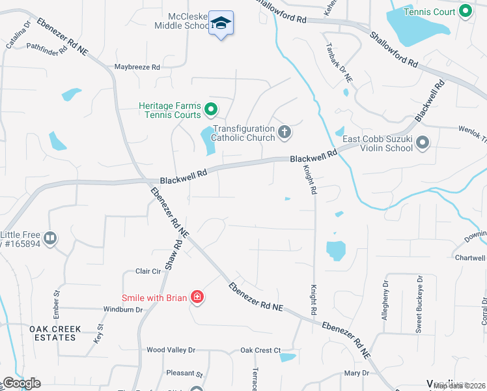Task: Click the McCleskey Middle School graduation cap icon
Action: coord(221,23)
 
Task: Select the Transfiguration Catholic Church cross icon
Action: coord(284,132)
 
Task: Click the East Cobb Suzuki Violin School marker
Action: coord(423,142)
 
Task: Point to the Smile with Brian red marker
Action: coord(197,298)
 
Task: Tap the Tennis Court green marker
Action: coord(465,11)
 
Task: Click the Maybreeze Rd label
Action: coord(137,67)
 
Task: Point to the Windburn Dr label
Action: coord(122,310)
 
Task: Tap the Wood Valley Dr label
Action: coord(171,350)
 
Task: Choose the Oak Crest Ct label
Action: coord(260,350)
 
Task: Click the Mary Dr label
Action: coord(356,373)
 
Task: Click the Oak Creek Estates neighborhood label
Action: coord(55,333)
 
